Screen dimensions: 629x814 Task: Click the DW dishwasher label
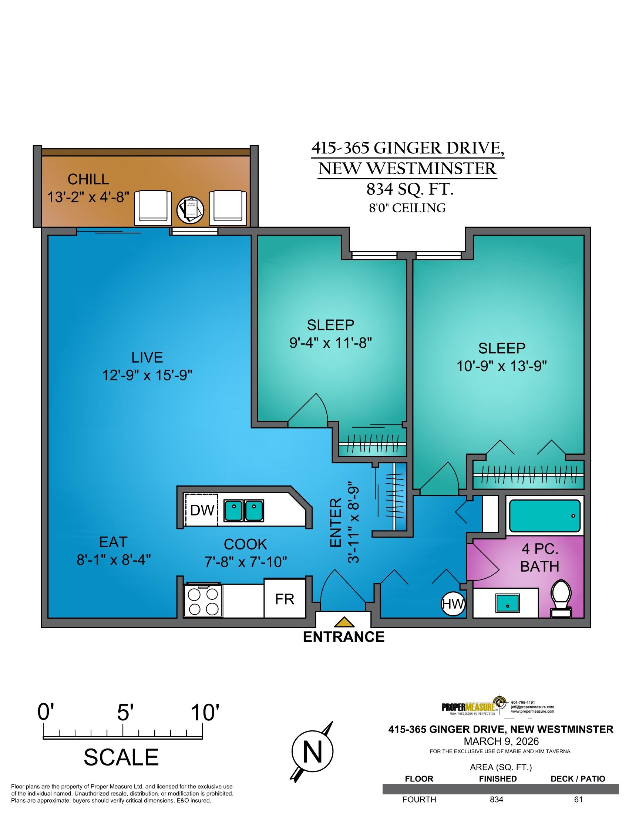pyautogui.click(x=202, y=510)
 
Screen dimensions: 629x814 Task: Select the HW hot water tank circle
pyautogui.click(x=454, y=604)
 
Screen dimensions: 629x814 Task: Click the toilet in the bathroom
pyautogui.click(x=562, y=599)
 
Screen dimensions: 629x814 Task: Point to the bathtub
pyautogui.click(x=545, y=516)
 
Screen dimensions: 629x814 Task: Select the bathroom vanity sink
pyautogui.click(x=508, y=603)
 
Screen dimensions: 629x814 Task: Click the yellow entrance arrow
pyautogui.click(x=344, y=622)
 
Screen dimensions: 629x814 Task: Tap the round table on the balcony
pyautogui.click(x=191, y=210)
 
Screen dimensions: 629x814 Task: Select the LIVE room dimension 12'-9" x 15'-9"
pyautogui.click(x=148, y=375)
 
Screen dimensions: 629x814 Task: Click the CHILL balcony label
pyautogui.click(x=88, y=179)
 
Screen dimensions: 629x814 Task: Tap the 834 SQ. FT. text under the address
pyautogui.click(x=410, y=190)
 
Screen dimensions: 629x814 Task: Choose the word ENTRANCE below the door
pyautogui.click(x=344, y=637)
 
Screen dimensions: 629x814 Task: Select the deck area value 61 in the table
pyautogui.click(x=578, y=800)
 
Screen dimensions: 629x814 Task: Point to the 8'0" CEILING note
pyautogui.click(x=408, y=208)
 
